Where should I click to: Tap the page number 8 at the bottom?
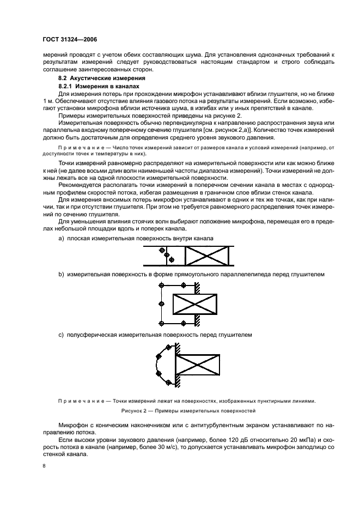pos(45,466)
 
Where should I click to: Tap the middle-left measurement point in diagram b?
pos(161,303)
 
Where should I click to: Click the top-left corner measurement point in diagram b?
pos(161,285)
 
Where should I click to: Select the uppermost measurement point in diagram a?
pos(161,251)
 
